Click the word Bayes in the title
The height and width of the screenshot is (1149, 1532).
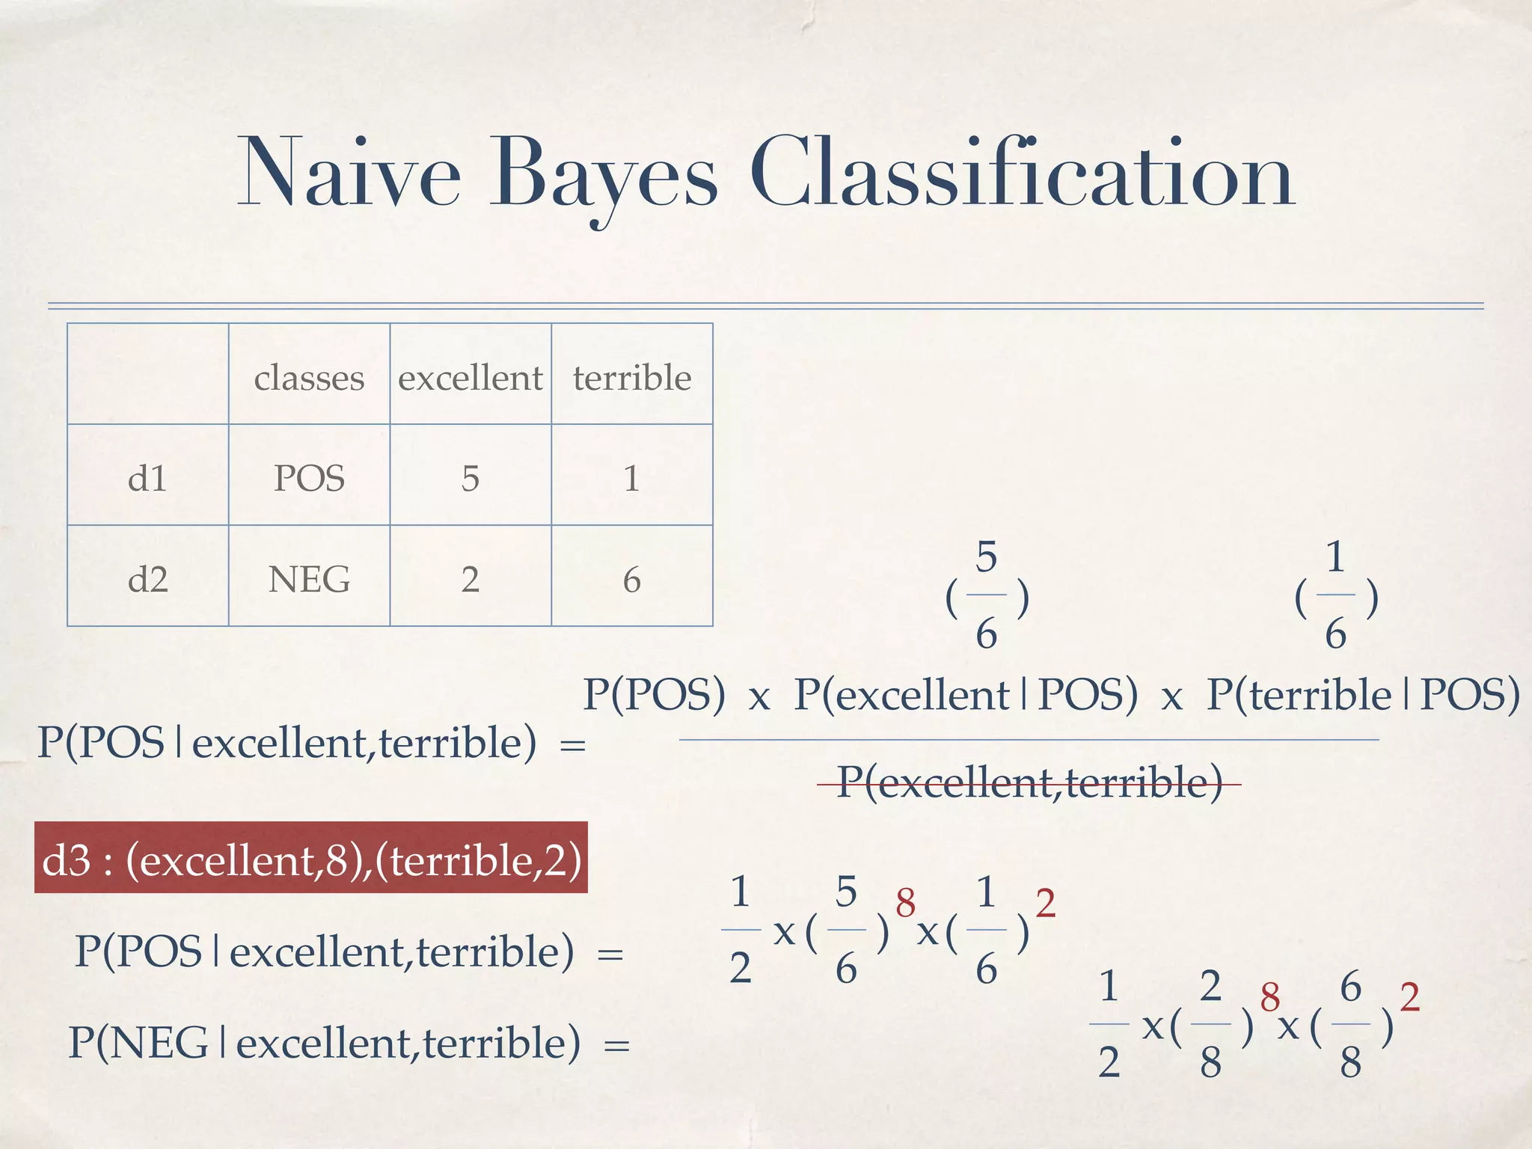point(603,176)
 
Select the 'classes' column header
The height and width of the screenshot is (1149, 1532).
point(309,377)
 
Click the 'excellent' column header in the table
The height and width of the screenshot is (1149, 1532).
point(470,377)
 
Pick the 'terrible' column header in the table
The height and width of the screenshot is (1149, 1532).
point(632,377)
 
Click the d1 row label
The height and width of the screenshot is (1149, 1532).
point(147,477)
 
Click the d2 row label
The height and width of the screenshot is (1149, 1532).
point(147,578)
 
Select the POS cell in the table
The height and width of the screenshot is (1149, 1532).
point(309,477)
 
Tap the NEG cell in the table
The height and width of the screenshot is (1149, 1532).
point(309,578)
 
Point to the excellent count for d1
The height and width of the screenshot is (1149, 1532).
point(470,477)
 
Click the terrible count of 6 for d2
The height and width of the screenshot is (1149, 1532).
point(632,579)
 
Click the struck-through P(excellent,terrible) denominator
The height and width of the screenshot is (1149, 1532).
point(1029,782)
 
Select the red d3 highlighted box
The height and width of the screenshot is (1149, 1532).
point(310,859)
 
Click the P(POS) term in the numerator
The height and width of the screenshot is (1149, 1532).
point(654,694)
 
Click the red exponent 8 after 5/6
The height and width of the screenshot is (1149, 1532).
point(905,903)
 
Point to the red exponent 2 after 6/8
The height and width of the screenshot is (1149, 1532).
point(1409,997)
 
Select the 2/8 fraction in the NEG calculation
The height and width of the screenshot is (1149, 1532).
point(1210,1023)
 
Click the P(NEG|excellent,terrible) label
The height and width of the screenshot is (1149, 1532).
point(324,1043)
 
